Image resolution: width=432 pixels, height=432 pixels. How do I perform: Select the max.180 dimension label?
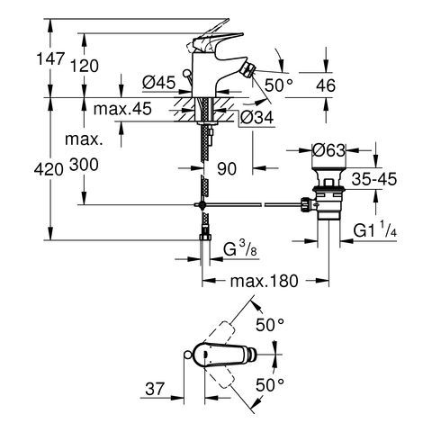coord(262,282)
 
